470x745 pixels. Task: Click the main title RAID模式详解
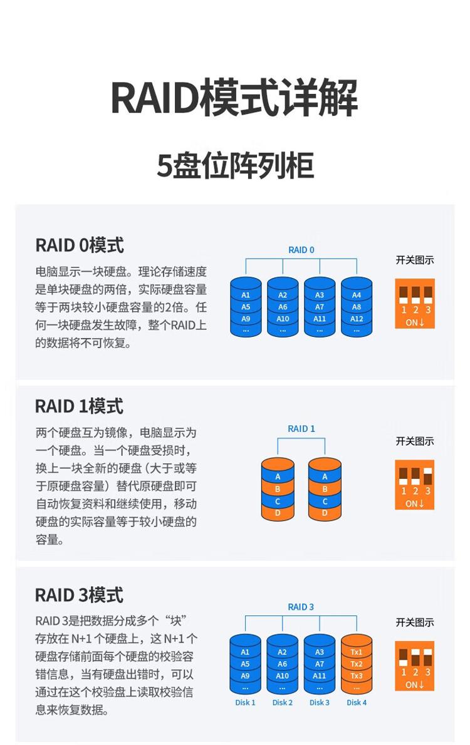234,98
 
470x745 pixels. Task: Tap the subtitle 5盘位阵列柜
235,166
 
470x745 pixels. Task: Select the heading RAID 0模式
80,245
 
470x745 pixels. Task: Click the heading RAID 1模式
79,406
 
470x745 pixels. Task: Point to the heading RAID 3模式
79,595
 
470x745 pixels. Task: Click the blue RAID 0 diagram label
301,250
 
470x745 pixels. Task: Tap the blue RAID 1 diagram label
301,429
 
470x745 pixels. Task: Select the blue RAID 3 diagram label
301,607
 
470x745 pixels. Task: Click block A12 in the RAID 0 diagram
357,319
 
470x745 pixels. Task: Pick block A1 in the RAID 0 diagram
246,295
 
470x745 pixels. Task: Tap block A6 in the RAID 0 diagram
283,307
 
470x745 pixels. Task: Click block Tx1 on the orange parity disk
357,652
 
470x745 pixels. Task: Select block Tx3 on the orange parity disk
357,676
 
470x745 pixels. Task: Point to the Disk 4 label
357,702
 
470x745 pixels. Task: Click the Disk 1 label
245,702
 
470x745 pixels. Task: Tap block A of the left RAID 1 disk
278,476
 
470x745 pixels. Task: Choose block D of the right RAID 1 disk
325,513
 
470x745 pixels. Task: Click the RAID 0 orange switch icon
415,304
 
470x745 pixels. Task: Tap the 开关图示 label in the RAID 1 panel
415,441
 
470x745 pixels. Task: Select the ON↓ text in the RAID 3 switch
414,685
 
